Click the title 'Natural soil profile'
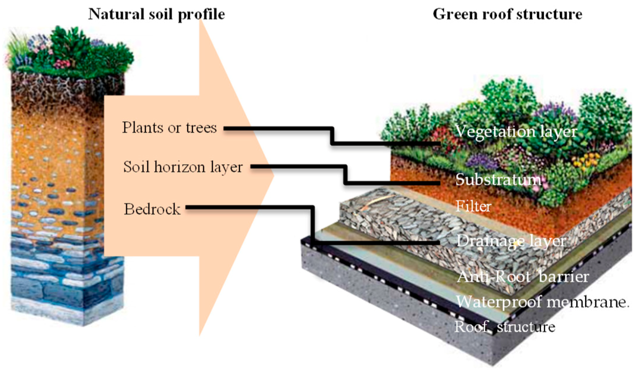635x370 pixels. coord(157,14)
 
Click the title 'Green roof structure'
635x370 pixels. coord(507,14)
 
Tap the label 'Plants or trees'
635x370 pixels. coord(170,127)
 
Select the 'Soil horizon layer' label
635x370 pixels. coord(183,167)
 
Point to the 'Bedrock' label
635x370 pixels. coord(152,209)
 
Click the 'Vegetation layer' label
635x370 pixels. coord(516,131)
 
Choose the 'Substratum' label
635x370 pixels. coord(499,180)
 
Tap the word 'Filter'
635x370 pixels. coord(473,206)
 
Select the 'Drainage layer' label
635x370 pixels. coord(511,241)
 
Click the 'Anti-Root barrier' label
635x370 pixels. coord(523,276)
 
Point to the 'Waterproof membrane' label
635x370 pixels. coord(541,302)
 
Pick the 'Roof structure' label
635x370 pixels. coord(504,327)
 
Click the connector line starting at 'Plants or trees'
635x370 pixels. coord(332,135)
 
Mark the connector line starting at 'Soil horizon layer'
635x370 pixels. coord(345,175)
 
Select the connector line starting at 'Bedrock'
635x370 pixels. coord(313,225)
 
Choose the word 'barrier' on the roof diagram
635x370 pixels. coord(564,276)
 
